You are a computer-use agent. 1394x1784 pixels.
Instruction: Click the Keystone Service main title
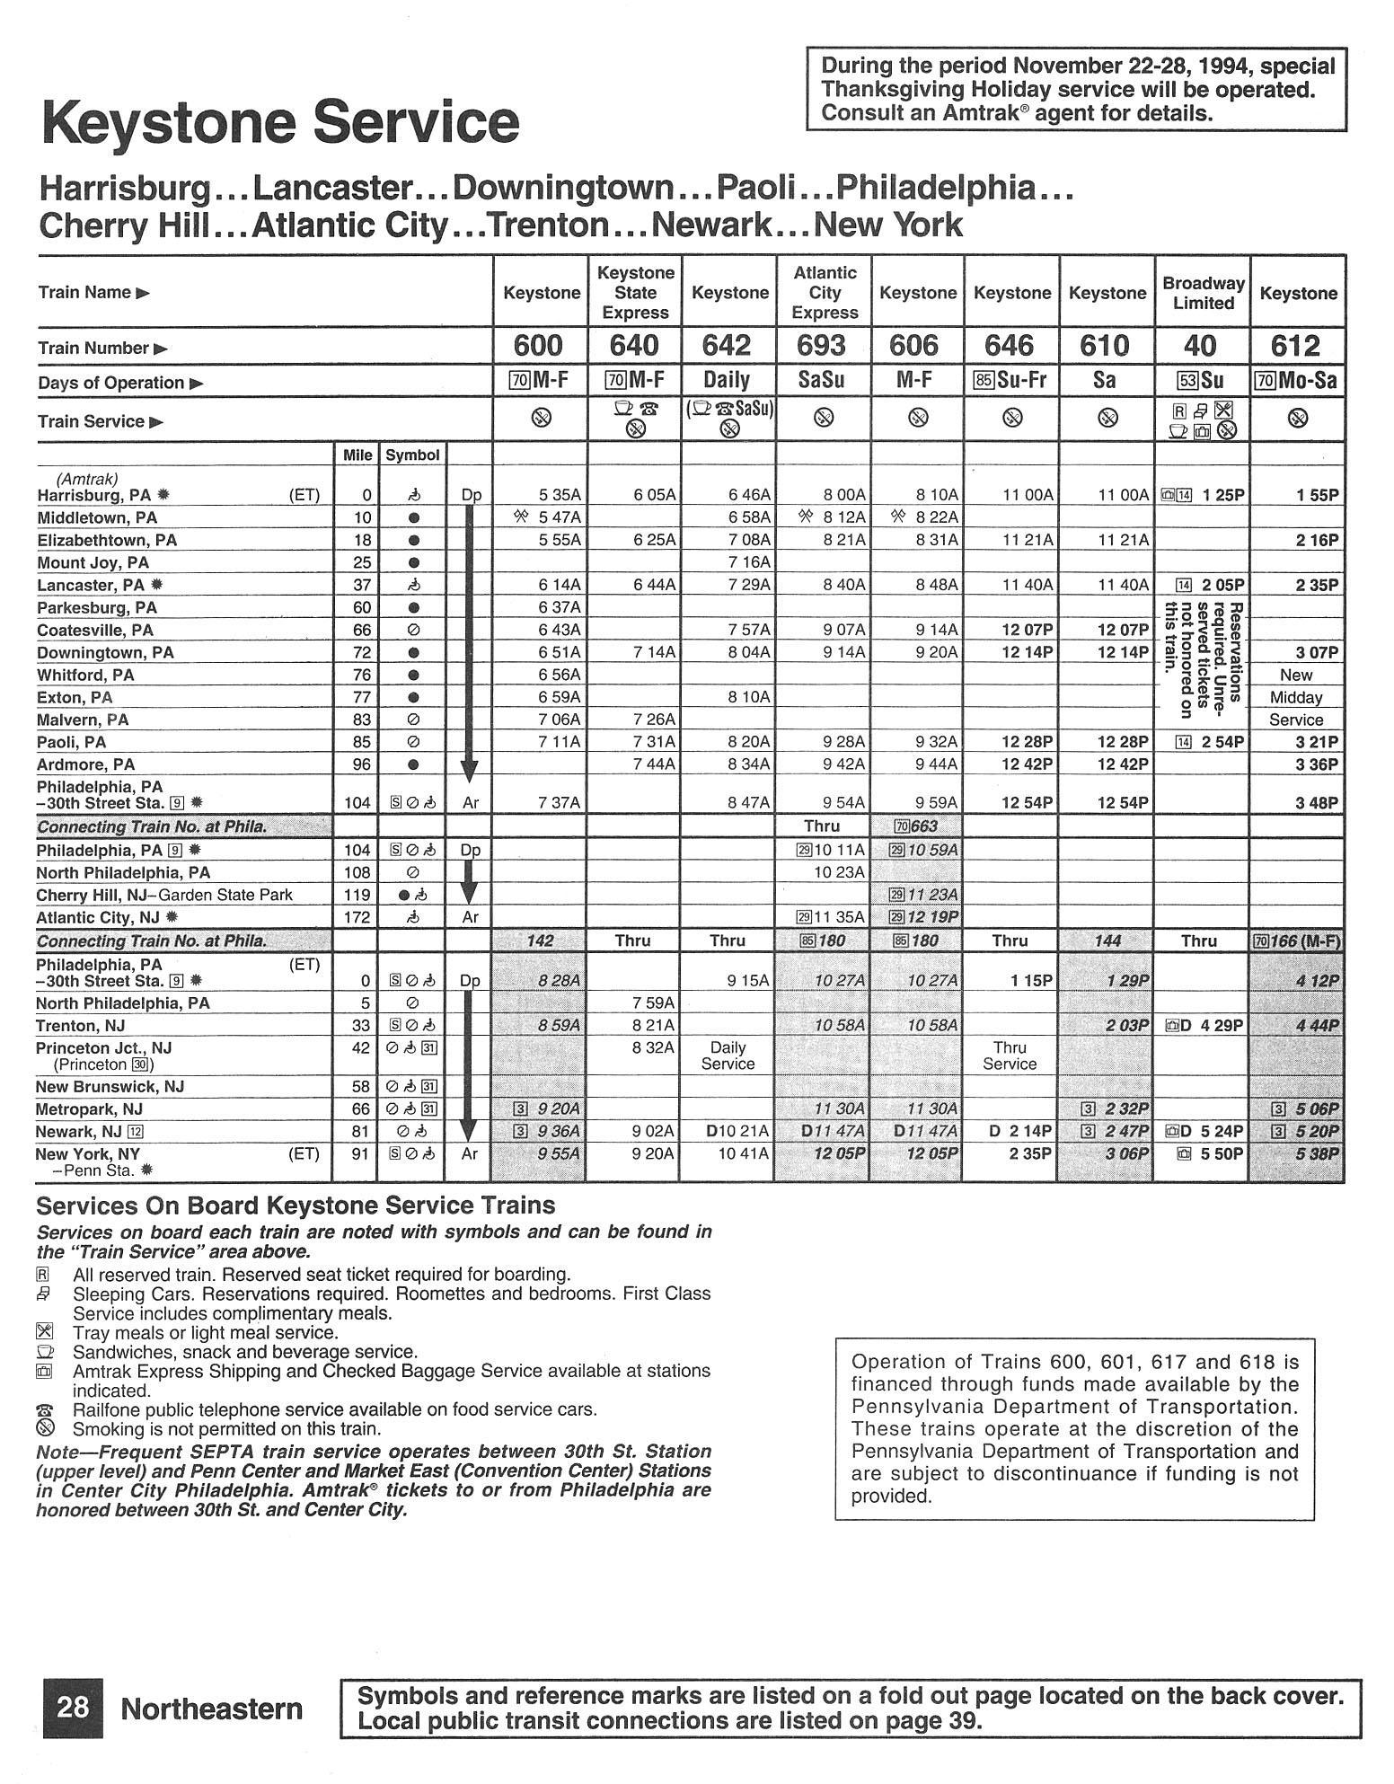280,122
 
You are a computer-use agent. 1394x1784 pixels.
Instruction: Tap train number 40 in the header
1201,346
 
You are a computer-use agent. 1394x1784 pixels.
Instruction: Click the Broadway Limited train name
1203,293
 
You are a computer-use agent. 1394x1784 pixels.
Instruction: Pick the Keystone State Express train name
635,292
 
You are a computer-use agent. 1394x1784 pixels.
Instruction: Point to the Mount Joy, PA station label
93,563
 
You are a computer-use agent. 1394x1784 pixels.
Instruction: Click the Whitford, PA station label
85,676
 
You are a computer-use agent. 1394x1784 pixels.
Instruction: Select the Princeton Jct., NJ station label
103,1048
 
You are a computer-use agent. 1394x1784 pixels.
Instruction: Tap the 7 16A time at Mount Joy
748,563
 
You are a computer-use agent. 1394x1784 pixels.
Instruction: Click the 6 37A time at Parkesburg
559,608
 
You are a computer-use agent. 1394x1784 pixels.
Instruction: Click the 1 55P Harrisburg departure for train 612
1317,495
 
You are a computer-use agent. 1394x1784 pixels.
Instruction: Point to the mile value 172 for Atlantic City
357,918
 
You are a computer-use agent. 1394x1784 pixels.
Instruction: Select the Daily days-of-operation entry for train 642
727,380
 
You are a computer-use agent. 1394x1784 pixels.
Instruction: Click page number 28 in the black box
73,1708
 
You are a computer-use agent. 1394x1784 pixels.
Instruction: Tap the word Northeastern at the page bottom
212,1709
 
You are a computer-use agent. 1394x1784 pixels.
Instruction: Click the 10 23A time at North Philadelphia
839,872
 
